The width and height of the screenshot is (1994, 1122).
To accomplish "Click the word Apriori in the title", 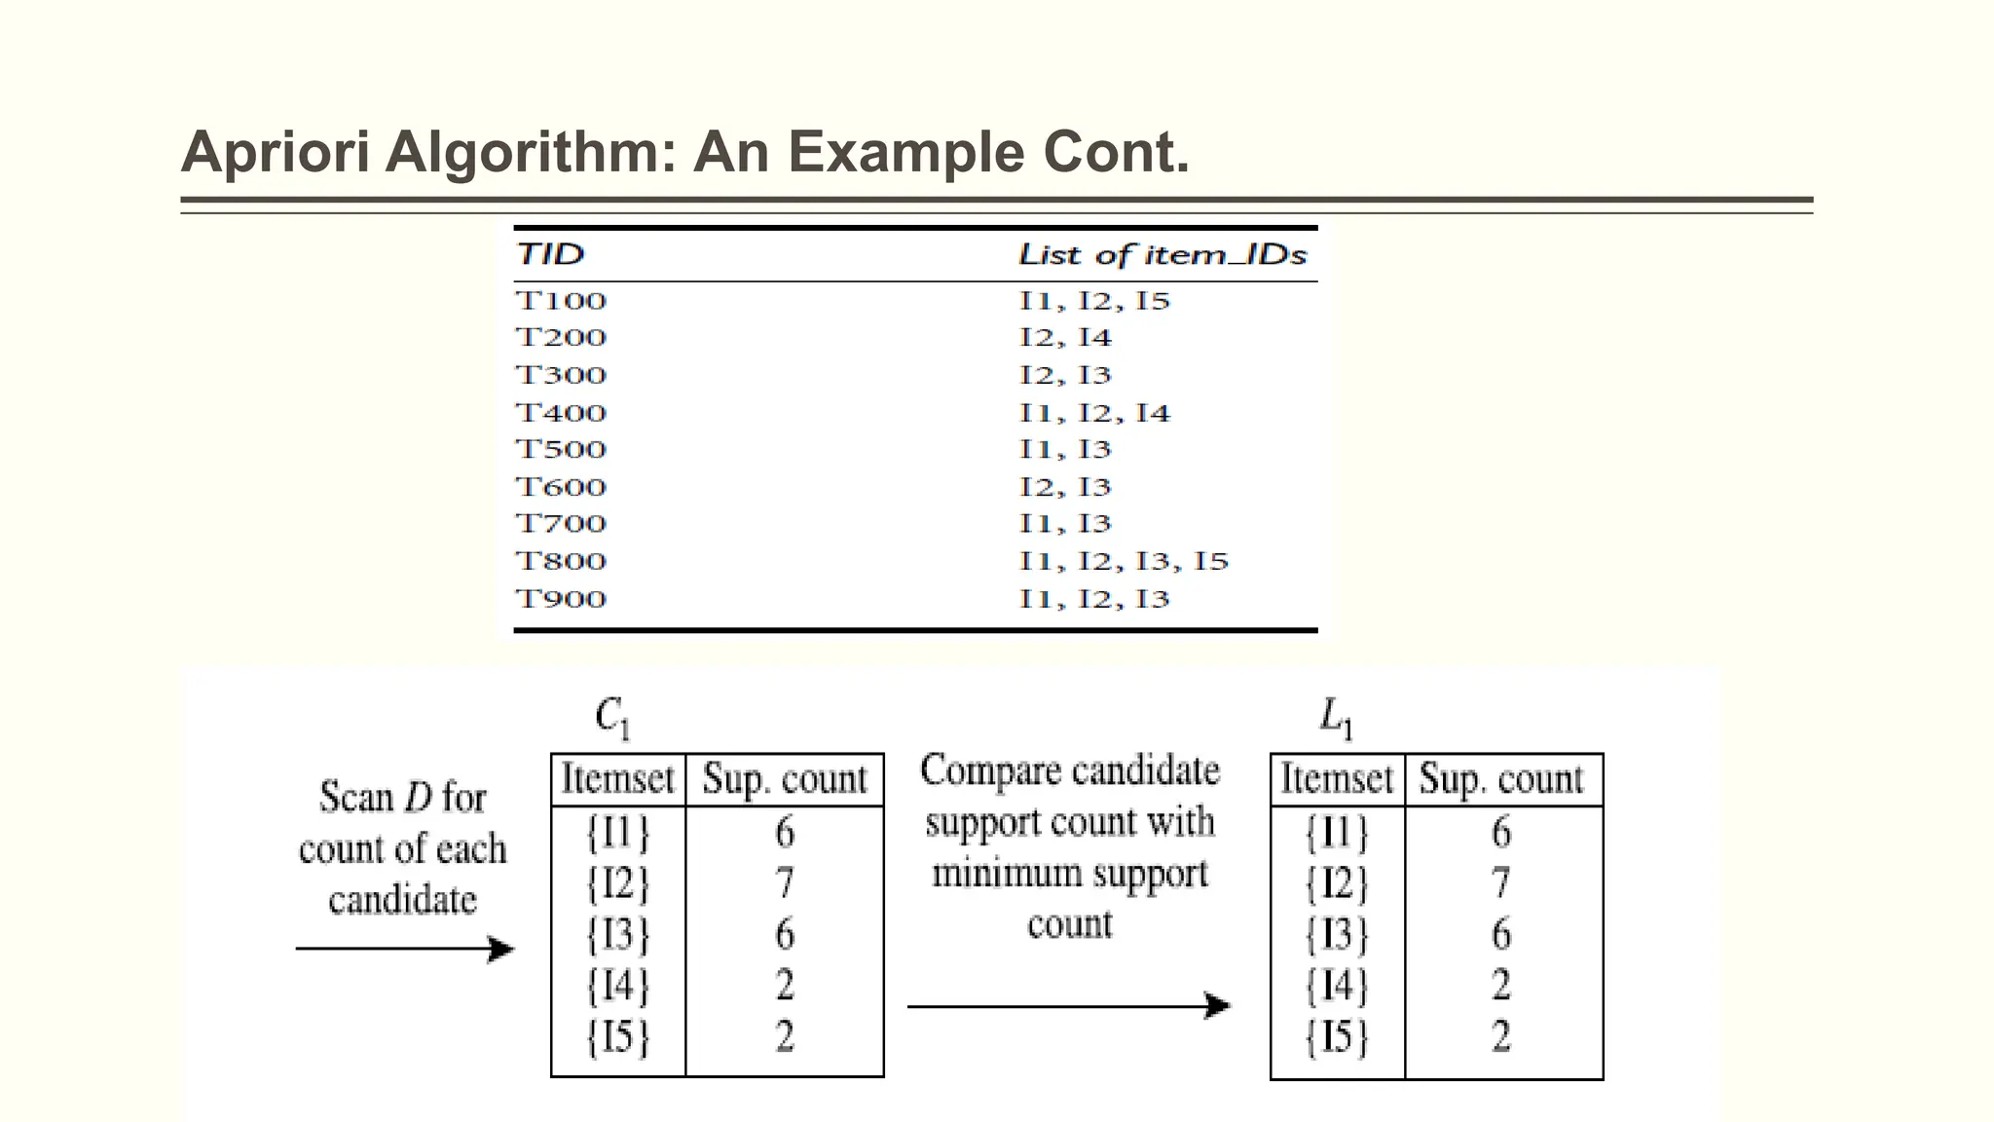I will pyautogui.click(x=275, y=153).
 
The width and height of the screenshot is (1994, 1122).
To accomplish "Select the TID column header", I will pyautogui.click(x=550, y=254).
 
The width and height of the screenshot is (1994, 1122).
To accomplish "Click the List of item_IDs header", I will pyautogui.click(x=1162, y=255).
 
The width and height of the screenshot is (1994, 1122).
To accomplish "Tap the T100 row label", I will pyautogui.click(x=561, y=301).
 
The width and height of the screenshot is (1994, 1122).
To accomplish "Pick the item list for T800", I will pyautogui.click(x=1124, y=562).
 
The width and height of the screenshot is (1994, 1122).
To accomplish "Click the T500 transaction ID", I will pyautogui.click(x=561, y=450).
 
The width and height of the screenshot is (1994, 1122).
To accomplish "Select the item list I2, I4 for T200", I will pyautogui.click(x=1064, y=338).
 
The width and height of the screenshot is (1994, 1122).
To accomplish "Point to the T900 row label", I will pyautogui.click(x=561, y=599).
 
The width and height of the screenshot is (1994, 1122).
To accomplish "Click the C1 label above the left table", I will pyautogui.click(x=612, y=718).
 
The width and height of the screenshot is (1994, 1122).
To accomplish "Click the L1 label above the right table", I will pyautogui.click(x=1335, y=718).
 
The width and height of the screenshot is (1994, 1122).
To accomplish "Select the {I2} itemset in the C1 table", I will pyautogui.click(x=617, y=883).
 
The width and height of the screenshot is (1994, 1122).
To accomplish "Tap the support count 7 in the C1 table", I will pyautogui.click(x=785, y=883).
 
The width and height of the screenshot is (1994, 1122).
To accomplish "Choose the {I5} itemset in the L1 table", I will pyautogui.click(x=1337, y=1036).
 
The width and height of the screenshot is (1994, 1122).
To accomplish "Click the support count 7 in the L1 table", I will pyautogui.click(x=1500, y=883).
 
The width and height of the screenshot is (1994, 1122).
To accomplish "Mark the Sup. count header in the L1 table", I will pyautogui.click(x=1500, y=779).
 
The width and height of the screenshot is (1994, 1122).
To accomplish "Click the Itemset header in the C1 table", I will pyautogui.click(x=617, y=779).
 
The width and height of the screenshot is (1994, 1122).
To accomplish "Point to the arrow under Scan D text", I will pyautogui.click(x=404, y=949).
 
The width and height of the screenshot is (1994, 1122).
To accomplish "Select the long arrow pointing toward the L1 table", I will pyautogui.click(x=1068, y=1006).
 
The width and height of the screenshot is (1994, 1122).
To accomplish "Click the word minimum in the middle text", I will pyautogui.click(x=1007, y=874).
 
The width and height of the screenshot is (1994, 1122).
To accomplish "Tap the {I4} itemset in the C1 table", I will pyautogui.click(x=617, y=986).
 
